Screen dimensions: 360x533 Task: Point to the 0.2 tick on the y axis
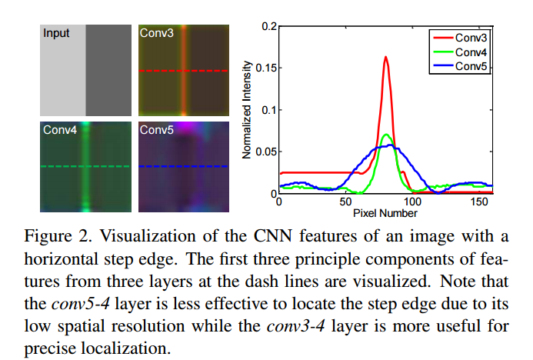[x=268, y=26]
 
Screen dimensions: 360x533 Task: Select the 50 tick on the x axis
[x=345, y=202]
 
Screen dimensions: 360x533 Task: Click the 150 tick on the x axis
[x=479, y=202]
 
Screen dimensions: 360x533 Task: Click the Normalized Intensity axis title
[x=247, y=109]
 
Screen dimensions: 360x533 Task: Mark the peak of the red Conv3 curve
[x=385, y=57]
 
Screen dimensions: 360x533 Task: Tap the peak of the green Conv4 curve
[x=386, y=135]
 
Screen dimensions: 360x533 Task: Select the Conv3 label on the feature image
[x=156, y=33]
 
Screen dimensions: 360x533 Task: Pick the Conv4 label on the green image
[x=60, y=131]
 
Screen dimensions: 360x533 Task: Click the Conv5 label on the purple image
[x=156, y=131]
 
